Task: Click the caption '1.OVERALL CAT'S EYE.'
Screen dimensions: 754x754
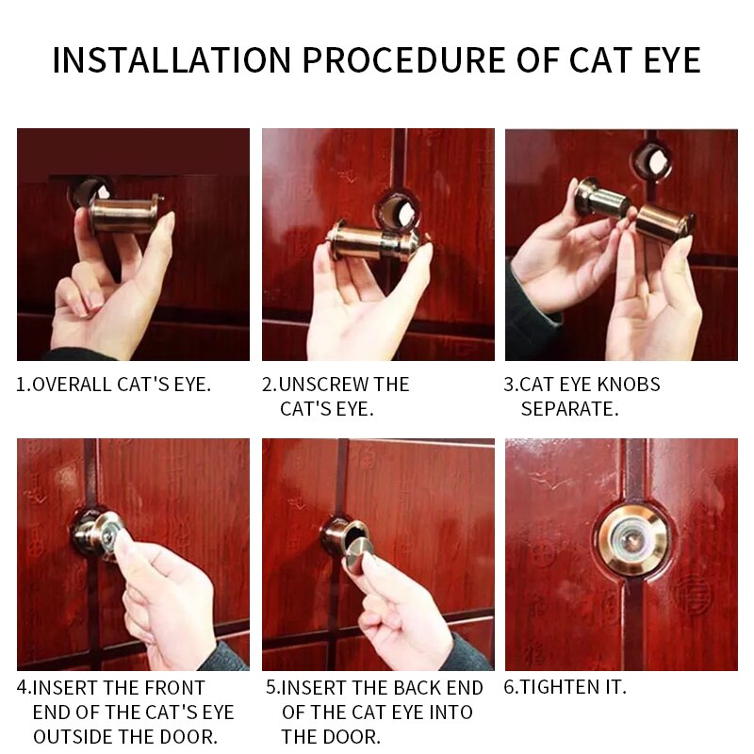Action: click(x=114, y=385)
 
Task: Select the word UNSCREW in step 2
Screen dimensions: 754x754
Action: click(x=327, y=385)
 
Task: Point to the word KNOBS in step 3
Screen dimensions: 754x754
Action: click(x=627, y=385)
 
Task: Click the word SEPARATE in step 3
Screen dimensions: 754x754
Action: click(x=569, y=409)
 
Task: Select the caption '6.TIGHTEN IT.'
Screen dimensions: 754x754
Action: click(x=565, y=688)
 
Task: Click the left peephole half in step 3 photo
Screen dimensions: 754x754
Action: click(x=600, y=199)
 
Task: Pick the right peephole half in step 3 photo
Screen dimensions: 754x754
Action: click(x=664, y=222)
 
